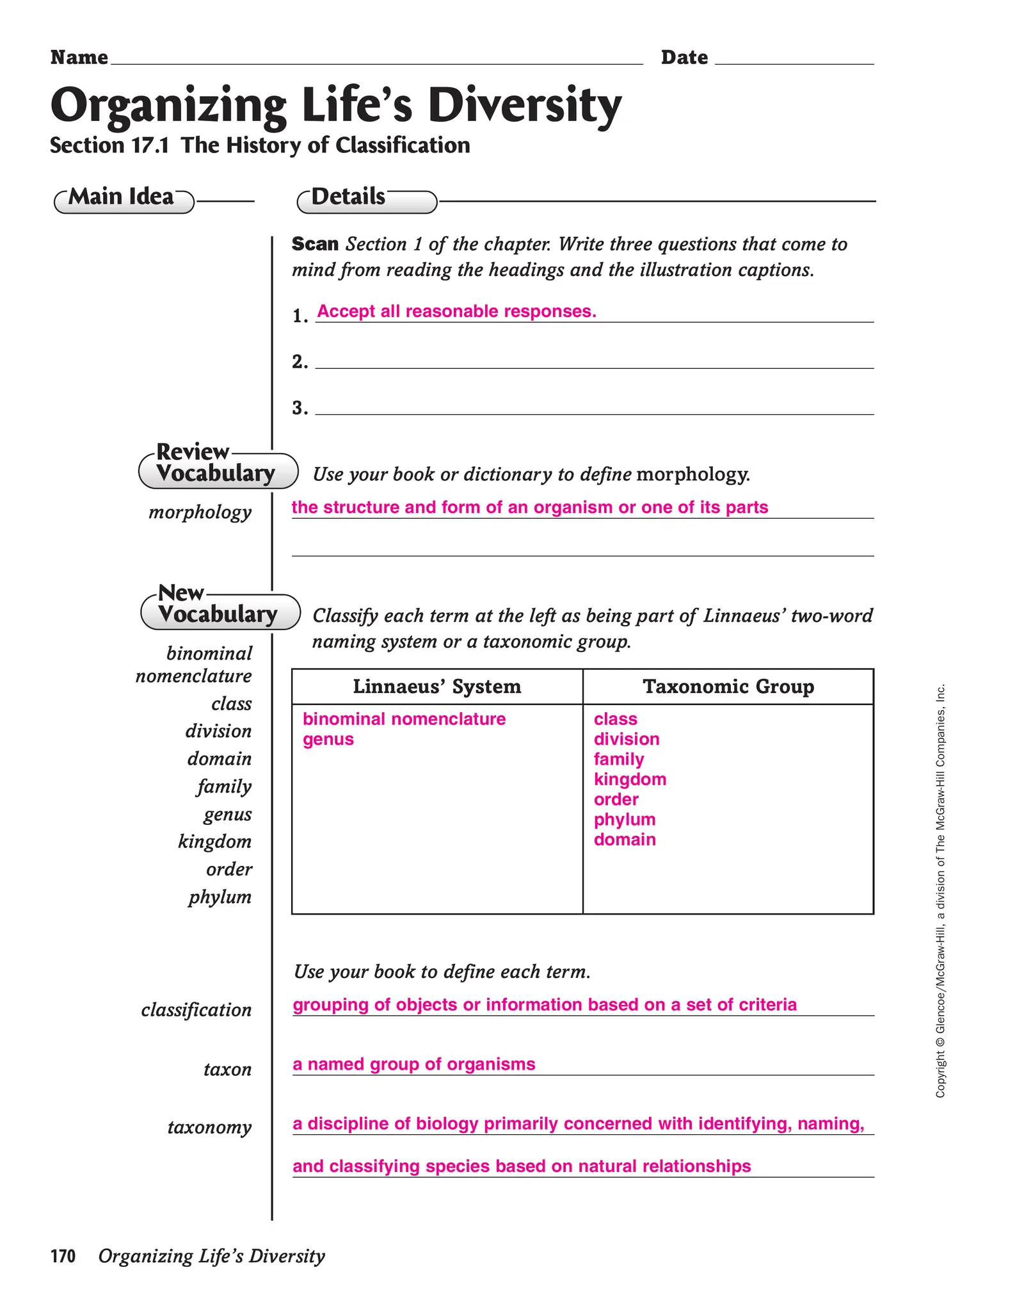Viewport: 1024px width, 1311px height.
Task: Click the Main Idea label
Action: click(x=122, y=197)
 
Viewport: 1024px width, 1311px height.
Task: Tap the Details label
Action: click(x=349, y=197)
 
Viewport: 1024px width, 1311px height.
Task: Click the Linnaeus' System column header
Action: click(x=437, y=687)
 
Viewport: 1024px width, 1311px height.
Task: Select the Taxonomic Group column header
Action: click(x=728, y=687)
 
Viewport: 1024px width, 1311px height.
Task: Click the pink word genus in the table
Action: click(x=328, y=739)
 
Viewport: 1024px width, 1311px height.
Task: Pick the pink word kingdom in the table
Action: click(x=630, y=779)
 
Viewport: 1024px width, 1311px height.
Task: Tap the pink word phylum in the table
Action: click(x=625, y=820)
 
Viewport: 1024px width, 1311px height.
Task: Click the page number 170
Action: click(x=63, y=1256)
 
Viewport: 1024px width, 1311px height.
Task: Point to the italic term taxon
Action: click(x=227, y=1070)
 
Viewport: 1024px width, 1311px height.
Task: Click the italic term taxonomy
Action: click(x=209, y=1127)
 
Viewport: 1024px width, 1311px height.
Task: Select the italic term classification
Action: click(x=196, y=1010)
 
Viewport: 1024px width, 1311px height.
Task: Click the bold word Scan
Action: click(x=315, y=244)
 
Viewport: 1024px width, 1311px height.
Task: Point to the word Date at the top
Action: click(x=684, y=58)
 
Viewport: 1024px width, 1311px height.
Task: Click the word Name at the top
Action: click(x=79, y=58)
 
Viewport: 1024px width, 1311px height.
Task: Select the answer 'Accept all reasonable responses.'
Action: click(x=456, y=311)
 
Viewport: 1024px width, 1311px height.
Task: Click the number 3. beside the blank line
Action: click(x=300, y=408)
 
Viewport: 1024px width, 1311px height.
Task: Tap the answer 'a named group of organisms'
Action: click(x=414, y=1064)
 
